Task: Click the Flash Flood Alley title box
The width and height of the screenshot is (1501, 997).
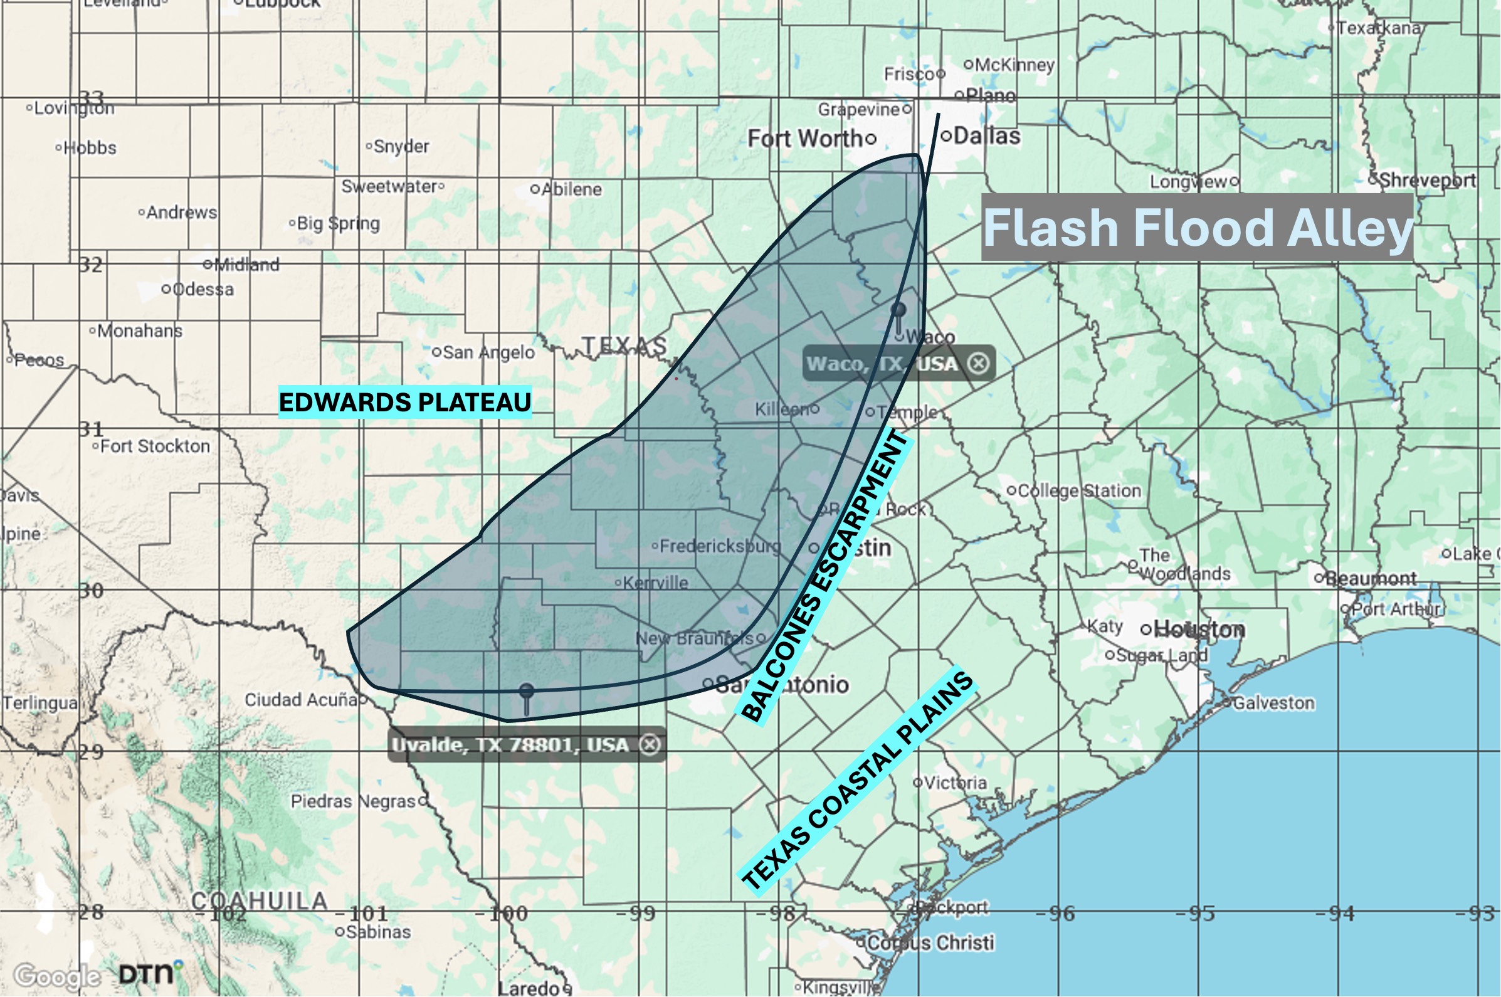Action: (x=1196, y=227)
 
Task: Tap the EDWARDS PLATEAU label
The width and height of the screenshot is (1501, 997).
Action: (x=405, y=403)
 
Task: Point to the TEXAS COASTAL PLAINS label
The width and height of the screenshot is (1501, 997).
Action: (x=858, y=782)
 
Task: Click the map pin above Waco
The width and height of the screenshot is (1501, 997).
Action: (x=898, y=311)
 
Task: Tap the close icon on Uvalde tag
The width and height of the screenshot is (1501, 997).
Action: (x=649, y=744)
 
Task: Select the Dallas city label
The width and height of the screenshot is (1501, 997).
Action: (x=986, y=135)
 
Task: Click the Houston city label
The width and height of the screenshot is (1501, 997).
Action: (x=1199, y=630)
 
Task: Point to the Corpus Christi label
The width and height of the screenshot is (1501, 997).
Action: (x=929, y=942)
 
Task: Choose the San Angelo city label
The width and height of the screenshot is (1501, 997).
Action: (x=488, y=352)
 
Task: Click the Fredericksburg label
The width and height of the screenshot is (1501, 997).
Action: (x=720, y=546)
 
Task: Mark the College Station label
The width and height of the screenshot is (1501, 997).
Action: (x=1078, y=490)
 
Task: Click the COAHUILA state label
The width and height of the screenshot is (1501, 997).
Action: (x=260, y=900)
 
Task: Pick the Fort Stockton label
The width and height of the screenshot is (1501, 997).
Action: (x=154, y=446)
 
